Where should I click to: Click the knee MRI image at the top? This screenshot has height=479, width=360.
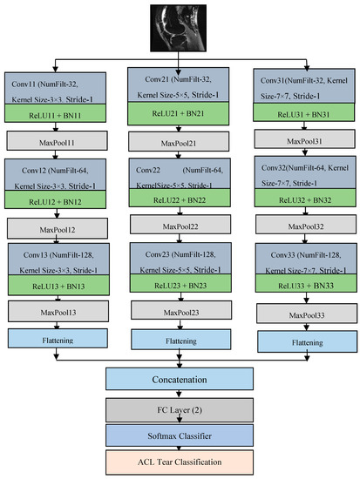tap(178, 28)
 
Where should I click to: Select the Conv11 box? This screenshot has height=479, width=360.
tap(56, 88)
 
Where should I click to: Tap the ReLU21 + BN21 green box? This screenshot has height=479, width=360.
tap(179, 113)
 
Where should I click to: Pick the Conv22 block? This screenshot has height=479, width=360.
tap(180, 173)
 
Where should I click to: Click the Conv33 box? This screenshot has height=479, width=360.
tap(306, 259)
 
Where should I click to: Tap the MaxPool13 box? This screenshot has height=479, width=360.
tap(58, 311)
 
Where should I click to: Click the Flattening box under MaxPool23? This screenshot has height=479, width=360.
tap(181, 340)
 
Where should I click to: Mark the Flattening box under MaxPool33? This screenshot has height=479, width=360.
tap(308, 341)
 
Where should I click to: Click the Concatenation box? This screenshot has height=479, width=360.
tap(180, 379)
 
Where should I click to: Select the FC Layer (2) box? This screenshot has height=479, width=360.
tap(180, 410)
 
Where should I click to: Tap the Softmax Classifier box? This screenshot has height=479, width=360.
tap(180, 435)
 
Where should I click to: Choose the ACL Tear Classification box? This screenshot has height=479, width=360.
tap(180, 462)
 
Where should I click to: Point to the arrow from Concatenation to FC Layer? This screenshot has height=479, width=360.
tap(180, 394)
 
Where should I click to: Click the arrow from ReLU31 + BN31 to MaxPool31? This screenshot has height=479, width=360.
tap(304, 125)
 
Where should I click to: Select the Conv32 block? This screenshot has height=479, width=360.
tap(305, 172)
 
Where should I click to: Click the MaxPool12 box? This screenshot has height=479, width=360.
tap(58, 228)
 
